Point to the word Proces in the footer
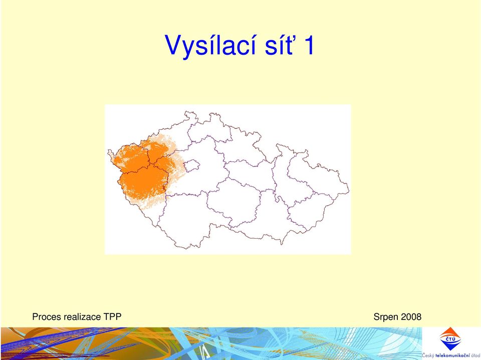tap(46, 316)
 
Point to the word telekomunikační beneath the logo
tap(453, 355)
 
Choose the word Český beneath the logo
tap(428, 356)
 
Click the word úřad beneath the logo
tap(476, 355)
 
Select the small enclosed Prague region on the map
tap(191, 165)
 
